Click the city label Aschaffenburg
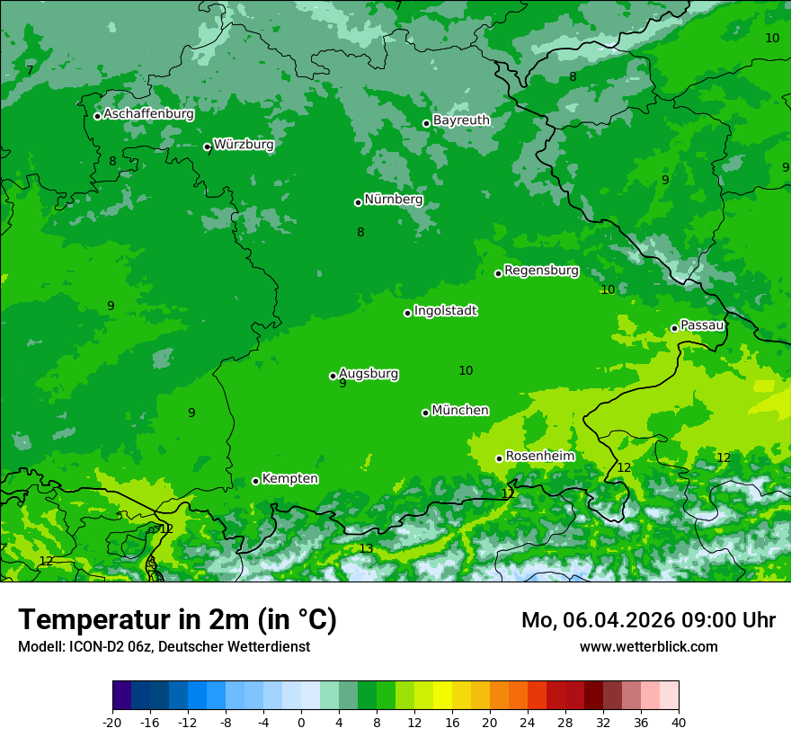[148, 114]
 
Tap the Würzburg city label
[244, 145]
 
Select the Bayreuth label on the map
[461, 120]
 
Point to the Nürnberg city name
[394, 200]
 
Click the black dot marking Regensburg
[498, 273]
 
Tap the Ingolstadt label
[445, 311]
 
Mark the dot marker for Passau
[674, 328]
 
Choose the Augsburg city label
[369, 374]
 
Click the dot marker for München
[425, 413]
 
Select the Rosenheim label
[539, 457]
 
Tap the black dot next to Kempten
[255, 481]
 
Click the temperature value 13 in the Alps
[366, 548]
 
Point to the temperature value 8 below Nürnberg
[360, 232]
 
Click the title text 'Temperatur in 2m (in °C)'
[177, 619]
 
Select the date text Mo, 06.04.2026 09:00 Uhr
[648, 620]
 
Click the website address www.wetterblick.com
[648, 646]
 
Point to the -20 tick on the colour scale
[112, 722]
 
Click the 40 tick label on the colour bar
[679, 722]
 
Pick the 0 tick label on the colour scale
[301, 722]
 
